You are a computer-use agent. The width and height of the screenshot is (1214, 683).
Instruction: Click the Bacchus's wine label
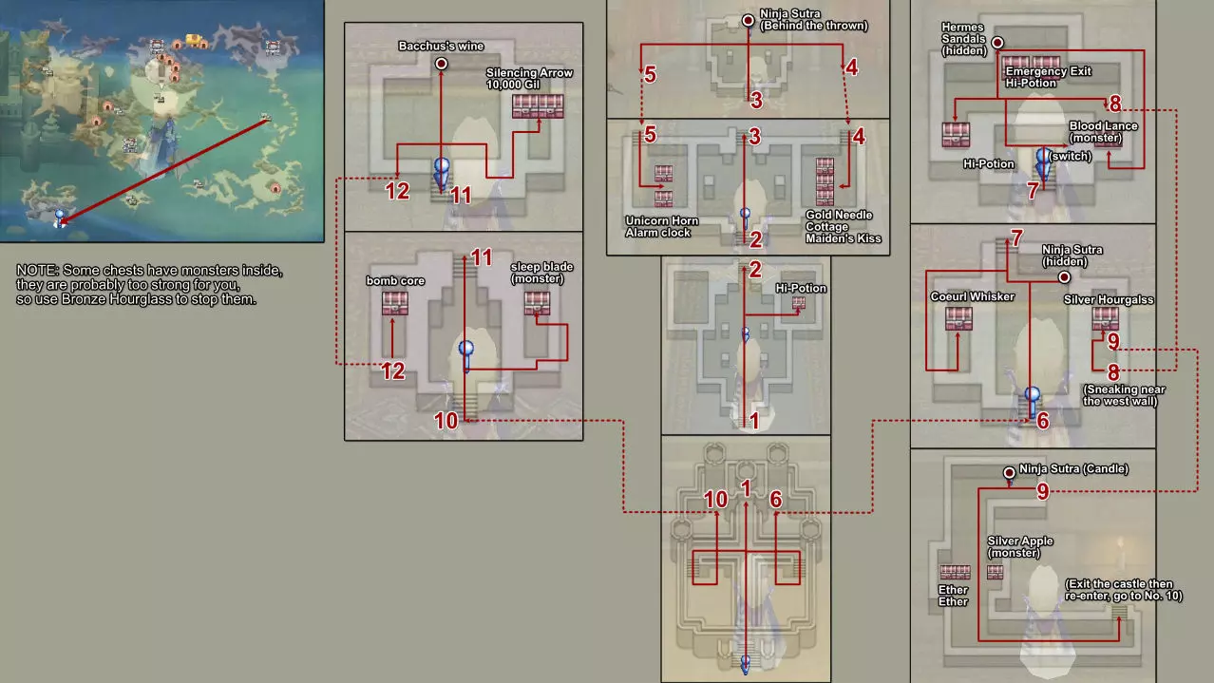pos(441,47)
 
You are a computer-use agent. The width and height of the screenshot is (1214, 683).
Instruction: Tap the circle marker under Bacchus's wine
pos(441,64)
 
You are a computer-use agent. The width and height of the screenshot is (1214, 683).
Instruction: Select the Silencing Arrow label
pos(529,72)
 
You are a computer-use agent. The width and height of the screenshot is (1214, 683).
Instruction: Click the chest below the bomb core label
pos(395,304)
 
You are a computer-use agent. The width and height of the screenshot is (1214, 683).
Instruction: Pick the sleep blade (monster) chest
pos(537,303)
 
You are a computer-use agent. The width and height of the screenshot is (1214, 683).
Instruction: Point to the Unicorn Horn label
pos(662,220)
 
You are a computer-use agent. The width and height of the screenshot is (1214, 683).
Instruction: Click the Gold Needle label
pos(839,215)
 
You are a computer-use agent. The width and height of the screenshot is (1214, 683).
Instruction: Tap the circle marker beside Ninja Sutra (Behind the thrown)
pos(748,21)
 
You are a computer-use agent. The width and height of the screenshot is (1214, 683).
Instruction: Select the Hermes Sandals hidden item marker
pos(997,43)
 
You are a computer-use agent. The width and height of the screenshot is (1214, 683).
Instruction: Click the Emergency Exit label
pos(1048,71)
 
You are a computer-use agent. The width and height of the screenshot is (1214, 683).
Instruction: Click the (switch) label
pos(1070,156)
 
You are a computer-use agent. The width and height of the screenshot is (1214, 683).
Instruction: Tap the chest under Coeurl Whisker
pos(958,319)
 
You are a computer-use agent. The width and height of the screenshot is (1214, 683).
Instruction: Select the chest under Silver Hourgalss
pos(1106,319)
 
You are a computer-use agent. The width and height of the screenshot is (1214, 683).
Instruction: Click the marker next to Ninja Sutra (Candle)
pos(1009,473)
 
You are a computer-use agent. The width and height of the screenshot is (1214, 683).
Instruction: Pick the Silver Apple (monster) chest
pos(995,572)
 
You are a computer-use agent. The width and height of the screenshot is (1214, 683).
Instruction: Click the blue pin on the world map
pos(60,218)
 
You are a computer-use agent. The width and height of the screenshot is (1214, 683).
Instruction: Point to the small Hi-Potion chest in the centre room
pos(799,303)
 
